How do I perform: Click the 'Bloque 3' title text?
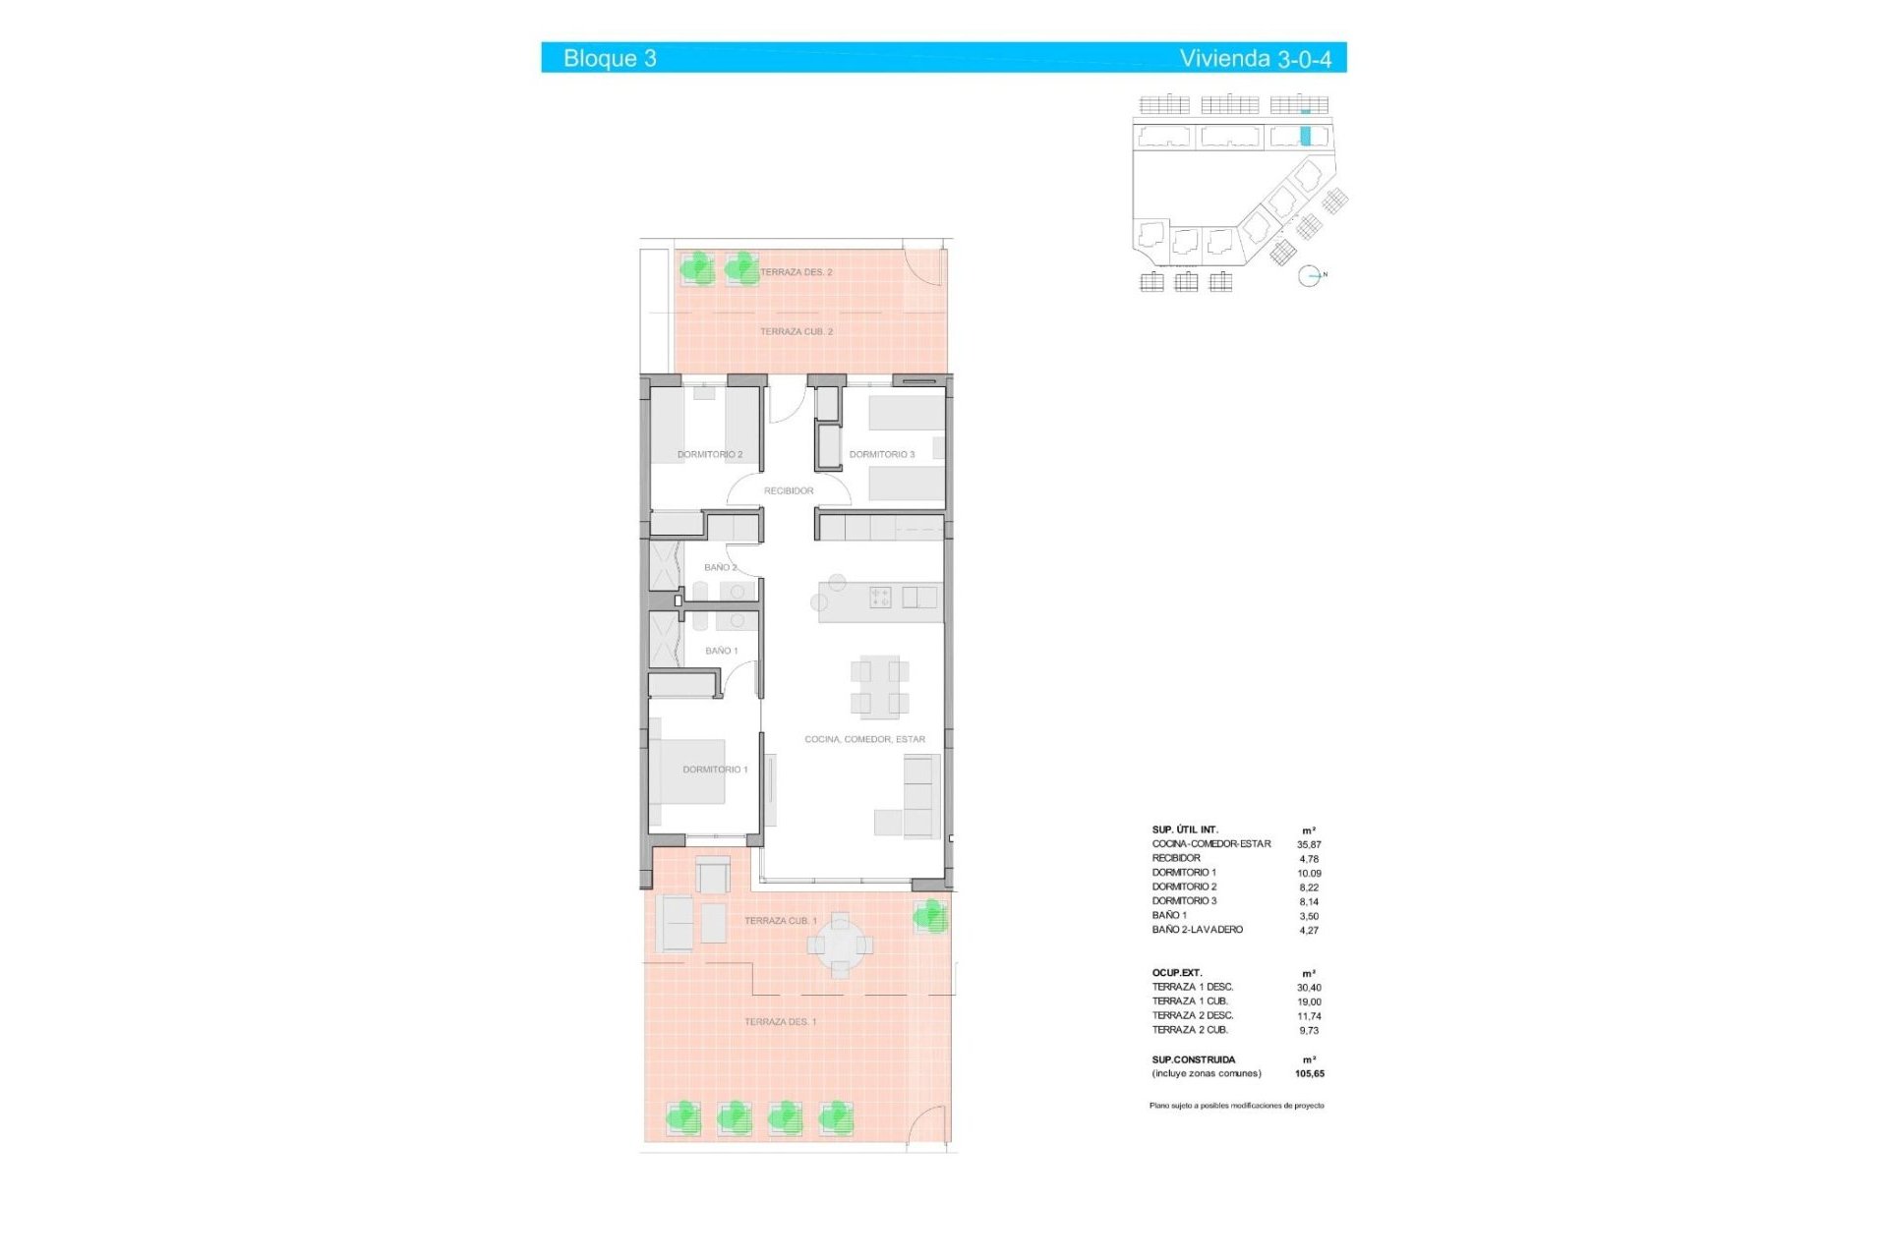coord(610,58)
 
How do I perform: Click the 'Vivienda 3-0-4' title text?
coord(1255,59)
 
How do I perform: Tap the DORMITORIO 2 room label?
coord(710,454)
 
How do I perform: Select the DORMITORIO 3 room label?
coord(881,454)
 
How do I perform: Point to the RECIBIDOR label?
coord(789,490)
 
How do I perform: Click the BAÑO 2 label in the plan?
coord(720,567)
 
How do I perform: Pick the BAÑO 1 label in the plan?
coord(721,651)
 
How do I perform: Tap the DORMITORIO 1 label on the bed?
coord(715,770)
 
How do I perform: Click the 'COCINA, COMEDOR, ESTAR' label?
coord(864,739)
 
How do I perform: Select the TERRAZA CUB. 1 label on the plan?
coord(780,921)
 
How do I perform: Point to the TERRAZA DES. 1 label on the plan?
coord(780,1022)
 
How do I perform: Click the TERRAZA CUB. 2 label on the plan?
coord(796,331)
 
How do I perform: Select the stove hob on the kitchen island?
coord(880,597)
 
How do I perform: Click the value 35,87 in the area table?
coord(1309,844)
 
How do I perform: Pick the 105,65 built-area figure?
coord(1309,1074)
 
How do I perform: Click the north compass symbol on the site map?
coord(1309,276)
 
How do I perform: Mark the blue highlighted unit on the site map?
coord(1306,137)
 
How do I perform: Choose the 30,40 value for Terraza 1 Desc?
coord(1309,988)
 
